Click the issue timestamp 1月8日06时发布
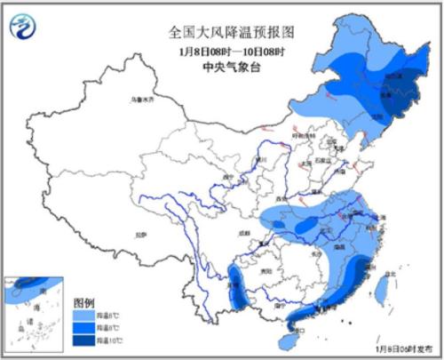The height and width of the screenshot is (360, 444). [410, 349]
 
